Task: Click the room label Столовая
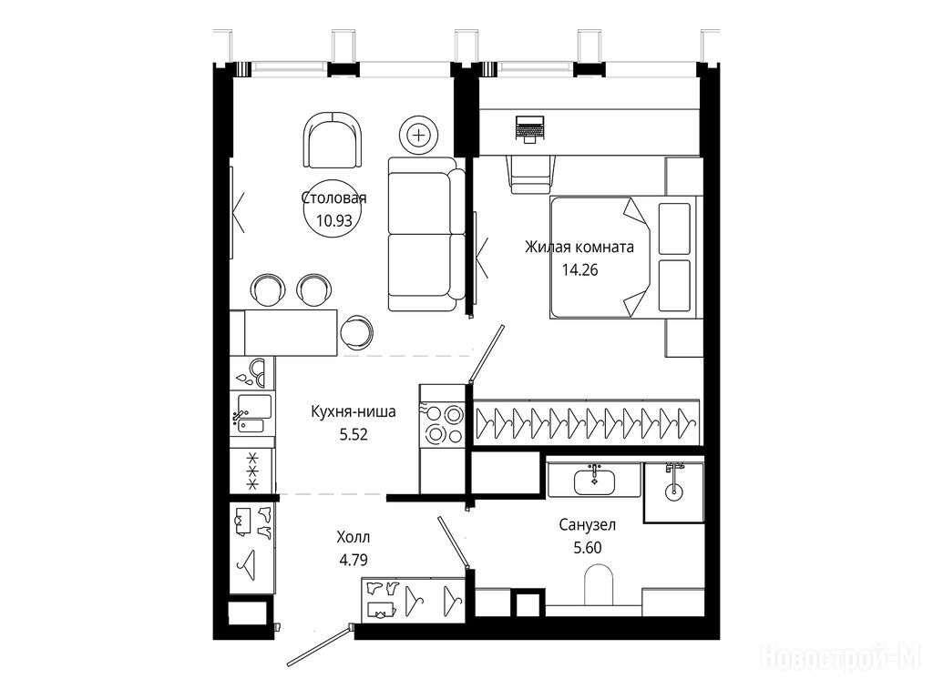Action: (x=333, y=198)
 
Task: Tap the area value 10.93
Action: (x=334, y=221)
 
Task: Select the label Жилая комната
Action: (x=579, y=247)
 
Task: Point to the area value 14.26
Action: (x=580, y=269)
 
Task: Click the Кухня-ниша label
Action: (x=354, y=411)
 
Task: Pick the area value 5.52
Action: (x=354, y=434)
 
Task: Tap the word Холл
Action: (x=354, y=537)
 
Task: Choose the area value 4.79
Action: (x=354, y=560)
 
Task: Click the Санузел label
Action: (x=588, y=525)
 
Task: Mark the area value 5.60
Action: (x=588, y=547)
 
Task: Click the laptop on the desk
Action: (x=529, y=129)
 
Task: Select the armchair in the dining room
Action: (x=333, y=140)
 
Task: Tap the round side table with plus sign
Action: (x=419, y=135)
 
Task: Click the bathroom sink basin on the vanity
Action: (x=594, y=481)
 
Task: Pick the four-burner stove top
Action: (x=442, y=424)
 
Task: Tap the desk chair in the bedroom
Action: (x=531, y=174)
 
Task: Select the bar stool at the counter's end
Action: (x=356, y=332)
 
